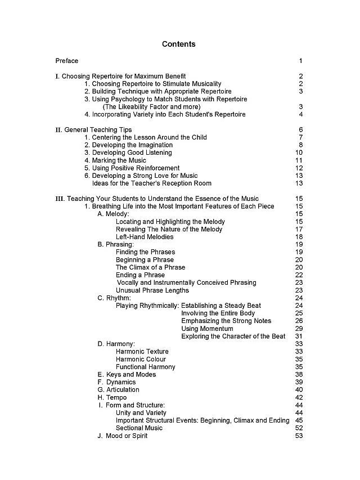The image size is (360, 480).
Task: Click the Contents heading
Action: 179,44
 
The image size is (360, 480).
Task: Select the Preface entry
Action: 67,61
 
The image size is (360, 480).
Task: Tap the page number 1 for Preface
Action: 301,61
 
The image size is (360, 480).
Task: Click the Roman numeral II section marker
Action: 58,130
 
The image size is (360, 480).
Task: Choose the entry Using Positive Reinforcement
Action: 132,168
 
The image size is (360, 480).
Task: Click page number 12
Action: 299,168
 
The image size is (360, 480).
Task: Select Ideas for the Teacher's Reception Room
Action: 152,183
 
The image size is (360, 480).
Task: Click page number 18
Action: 299,237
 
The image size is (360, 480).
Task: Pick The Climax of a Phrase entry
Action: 150,267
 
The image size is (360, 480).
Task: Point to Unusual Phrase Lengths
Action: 152,290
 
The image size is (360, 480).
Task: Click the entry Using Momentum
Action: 207,329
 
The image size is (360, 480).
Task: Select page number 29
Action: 299,329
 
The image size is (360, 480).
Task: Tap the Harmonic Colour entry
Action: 141,359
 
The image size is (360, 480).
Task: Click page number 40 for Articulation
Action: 299,390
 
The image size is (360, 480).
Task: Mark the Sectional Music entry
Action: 139,428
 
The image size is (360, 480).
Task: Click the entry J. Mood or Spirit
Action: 122,436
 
